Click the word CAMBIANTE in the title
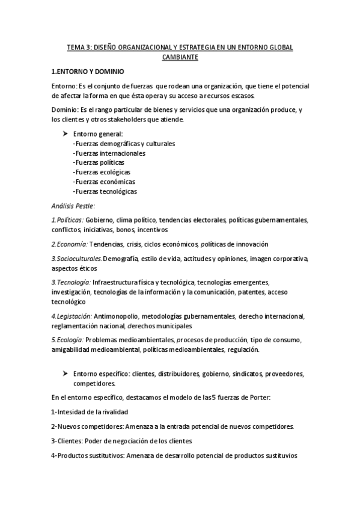point(180,57)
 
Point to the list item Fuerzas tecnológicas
point(104,191)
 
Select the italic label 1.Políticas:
point(67,220)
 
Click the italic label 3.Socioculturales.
point(76,259)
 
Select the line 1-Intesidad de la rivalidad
point(90,412)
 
